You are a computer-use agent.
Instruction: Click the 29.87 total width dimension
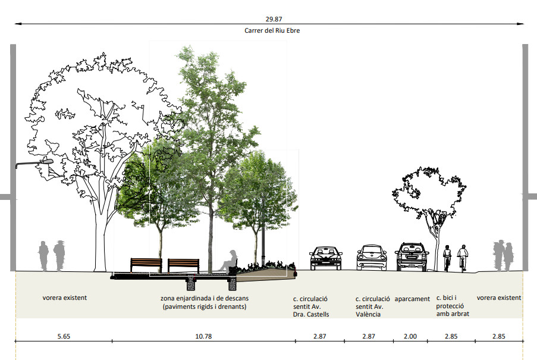coord(274,19)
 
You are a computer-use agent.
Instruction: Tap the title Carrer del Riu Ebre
coord(272,30)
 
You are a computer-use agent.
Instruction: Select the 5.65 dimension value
coord(64,336)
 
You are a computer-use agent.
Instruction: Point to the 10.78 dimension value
coord(203,336)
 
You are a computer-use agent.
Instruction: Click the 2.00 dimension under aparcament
coord(410,336)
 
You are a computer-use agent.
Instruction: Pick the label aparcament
coord(412,299)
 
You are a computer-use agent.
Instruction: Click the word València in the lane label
coord(368,314)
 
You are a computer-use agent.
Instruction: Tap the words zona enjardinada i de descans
coord(205,298)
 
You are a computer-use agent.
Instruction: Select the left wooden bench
coord(146,265)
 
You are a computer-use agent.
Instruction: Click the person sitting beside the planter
coord(229,262)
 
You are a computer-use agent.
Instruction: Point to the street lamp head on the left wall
coord(46,161)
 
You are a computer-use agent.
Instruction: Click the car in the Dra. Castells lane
coord(326,258)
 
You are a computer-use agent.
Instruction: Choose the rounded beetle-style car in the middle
coord(372,258)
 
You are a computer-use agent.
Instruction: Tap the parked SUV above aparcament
coord(412,257)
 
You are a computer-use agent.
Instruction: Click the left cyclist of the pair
coord(447,258)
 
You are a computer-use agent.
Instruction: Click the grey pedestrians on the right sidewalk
coord(503,255)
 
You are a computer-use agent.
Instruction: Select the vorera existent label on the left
coord(65,298)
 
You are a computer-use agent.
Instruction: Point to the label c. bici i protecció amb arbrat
coord(453,305)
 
